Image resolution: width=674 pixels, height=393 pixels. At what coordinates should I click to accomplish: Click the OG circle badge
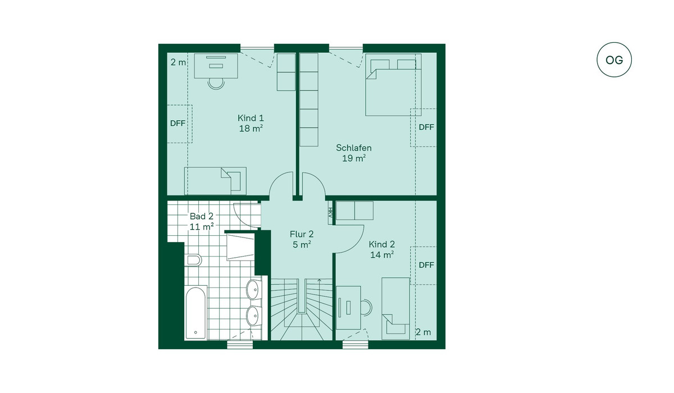(x=614, y=60)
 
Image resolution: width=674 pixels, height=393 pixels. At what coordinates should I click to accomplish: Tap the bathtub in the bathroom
(x=196, y=313)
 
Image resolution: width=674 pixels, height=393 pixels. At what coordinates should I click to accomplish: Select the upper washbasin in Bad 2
(x=254, y=289)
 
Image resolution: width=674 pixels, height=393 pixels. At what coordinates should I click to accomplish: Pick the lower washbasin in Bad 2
(x=254, y=316)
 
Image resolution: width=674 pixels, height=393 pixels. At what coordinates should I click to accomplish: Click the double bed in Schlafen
(x=393, y=85)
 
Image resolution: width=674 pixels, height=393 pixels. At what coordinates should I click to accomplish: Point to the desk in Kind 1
(x=216, y=66)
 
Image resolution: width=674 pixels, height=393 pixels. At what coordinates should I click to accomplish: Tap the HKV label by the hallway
(x=330, y=212)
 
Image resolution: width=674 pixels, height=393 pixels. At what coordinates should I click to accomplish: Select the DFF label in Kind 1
(x=177, y=124)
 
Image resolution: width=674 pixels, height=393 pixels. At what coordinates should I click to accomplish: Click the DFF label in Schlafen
(x=426, y=127)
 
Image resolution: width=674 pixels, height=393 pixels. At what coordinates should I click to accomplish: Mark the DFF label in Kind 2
(x=426, y=265)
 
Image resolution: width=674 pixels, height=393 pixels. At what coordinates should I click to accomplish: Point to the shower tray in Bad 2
(x=240, y=247)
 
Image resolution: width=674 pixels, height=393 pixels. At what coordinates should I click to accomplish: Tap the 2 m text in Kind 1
(x=178, y=62)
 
